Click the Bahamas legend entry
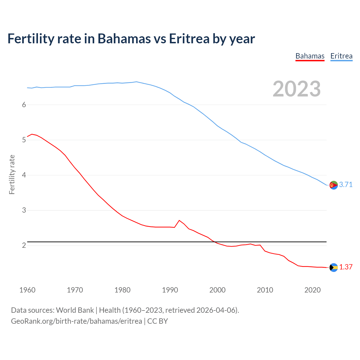click(x=310, y=56)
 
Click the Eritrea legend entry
click(x=341, y=56)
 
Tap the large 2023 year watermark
click(x=297, y=89)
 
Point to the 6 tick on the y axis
click(x=24, y=105)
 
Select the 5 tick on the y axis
click(x=24, y=140)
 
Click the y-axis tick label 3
click(x=24, y=210)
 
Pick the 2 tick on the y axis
click(x=24, y=245)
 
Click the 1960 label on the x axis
click(x=27, y=290)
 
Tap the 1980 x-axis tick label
click(x=122, y=290)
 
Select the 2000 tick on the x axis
click(x=217, y=290)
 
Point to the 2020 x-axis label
click(x=312, y=290)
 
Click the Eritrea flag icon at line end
click(x=334, y=185)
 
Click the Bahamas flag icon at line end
click(x=334, y=267)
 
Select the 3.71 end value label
click(x=346, y=184)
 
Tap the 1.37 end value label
click(x=346, y=267)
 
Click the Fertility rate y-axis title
click(x=12, y=174)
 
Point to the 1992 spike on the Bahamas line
click(x=179, y=220)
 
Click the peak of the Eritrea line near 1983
click(x=136, y=82)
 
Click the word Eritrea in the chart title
click(x=189, y=39)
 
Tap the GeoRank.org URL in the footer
click(x=76, y=321)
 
